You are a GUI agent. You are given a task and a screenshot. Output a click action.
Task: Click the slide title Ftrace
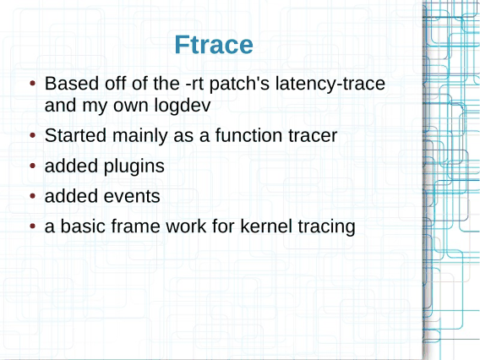214,45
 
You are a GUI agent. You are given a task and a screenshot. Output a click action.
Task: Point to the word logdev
183,106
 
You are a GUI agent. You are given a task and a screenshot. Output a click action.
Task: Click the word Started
75,135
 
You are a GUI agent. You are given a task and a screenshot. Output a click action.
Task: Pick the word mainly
140,136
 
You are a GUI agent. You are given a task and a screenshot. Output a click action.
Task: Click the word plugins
134,166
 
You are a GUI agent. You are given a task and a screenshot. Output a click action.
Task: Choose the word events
132,197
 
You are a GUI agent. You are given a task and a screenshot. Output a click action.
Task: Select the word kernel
266,226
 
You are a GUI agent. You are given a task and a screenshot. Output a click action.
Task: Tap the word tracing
326,227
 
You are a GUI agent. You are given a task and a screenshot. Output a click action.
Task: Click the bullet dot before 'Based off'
33,84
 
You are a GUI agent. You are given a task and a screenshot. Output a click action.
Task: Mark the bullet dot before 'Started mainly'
33,135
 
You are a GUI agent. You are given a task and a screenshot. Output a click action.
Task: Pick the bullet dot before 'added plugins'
33,166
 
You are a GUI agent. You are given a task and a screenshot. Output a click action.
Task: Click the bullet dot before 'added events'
33,196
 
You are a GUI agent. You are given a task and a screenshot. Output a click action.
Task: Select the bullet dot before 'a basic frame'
33,226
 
